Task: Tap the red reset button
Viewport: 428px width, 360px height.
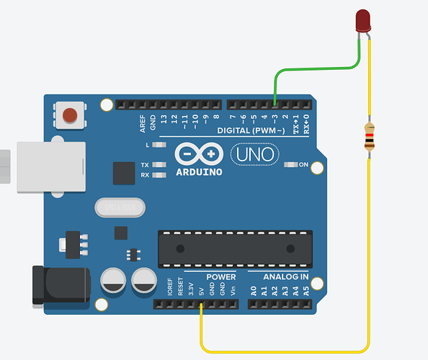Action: (70, 114)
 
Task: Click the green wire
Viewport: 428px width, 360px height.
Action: (317, 69)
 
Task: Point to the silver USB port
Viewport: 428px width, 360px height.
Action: (50, 166)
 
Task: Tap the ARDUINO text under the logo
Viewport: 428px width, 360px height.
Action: (199, 172)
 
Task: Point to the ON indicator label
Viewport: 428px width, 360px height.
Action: (303, 165)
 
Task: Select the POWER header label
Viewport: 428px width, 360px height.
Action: (221, 276)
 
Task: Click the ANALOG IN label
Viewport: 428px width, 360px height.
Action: (285, 276)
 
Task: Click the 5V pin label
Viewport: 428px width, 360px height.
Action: (200, 292)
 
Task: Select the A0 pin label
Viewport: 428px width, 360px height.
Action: (253, 292)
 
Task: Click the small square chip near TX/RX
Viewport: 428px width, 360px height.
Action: (125, 173)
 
